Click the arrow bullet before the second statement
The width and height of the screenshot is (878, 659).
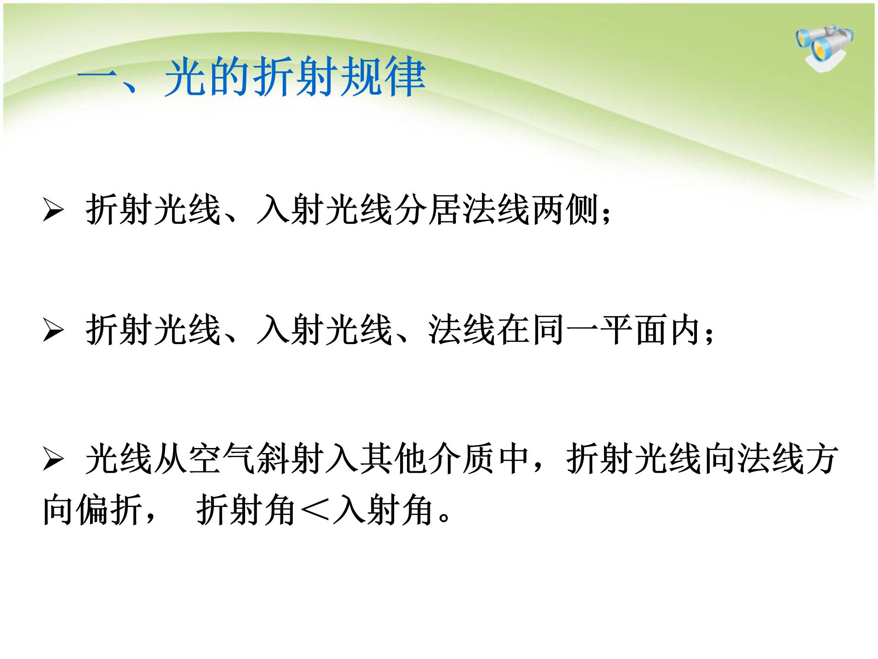click(53, 330)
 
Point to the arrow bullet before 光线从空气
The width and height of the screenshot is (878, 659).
click(53, 459)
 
